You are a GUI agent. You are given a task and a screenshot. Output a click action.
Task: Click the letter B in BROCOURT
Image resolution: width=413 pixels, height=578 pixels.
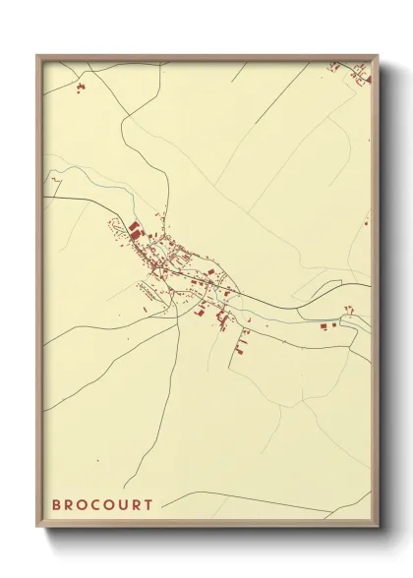[56, 505]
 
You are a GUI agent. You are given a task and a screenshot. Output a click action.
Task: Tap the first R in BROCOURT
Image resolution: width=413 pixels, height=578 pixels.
[70, 505]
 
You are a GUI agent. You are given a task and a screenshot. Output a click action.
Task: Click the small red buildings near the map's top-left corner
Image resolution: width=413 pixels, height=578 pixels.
[81, 88]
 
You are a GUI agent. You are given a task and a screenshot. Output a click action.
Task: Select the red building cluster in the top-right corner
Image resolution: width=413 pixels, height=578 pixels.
[339, 68]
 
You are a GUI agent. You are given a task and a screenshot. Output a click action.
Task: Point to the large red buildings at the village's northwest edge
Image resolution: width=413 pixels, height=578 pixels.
[134, 230]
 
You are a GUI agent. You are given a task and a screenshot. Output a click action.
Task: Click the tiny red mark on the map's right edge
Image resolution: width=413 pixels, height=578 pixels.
[365, 223]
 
